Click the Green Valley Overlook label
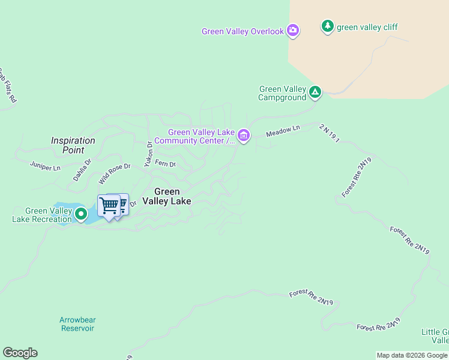pyautogui.click(x=243, y=32)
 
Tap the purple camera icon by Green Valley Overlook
pyautogui.click(x=293, y=30)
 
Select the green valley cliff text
pyautogui.click(x=367, y=27)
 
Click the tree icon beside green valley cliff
pyautogui.click(x=327, y=26)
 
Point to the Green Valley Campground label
pyautogui.click(x=283, y=93)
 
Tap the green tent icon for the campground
pyautogui.click(x=315, y=92)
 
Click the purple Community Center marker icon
pyautogui.click(x=243, y=136)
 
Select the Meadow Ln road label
pyautogui.click(x=283, y=130)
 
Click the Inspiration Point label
pyautogui.click(x=73, y=145)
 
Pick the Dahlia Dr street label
pyautogui.click(x=82, y=169)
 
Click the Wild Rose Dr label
pyautogui.click(x=115, y=170)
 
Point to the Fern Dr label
pyautogui.click(x=165, y=163)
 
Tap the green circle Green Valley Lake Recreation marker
pyautogui.click(x=80, y=212)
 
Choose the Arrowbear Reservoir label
pyautogui.click(x=77, y=324)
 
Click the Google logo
pyautogui.click(x=20, y=353)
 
